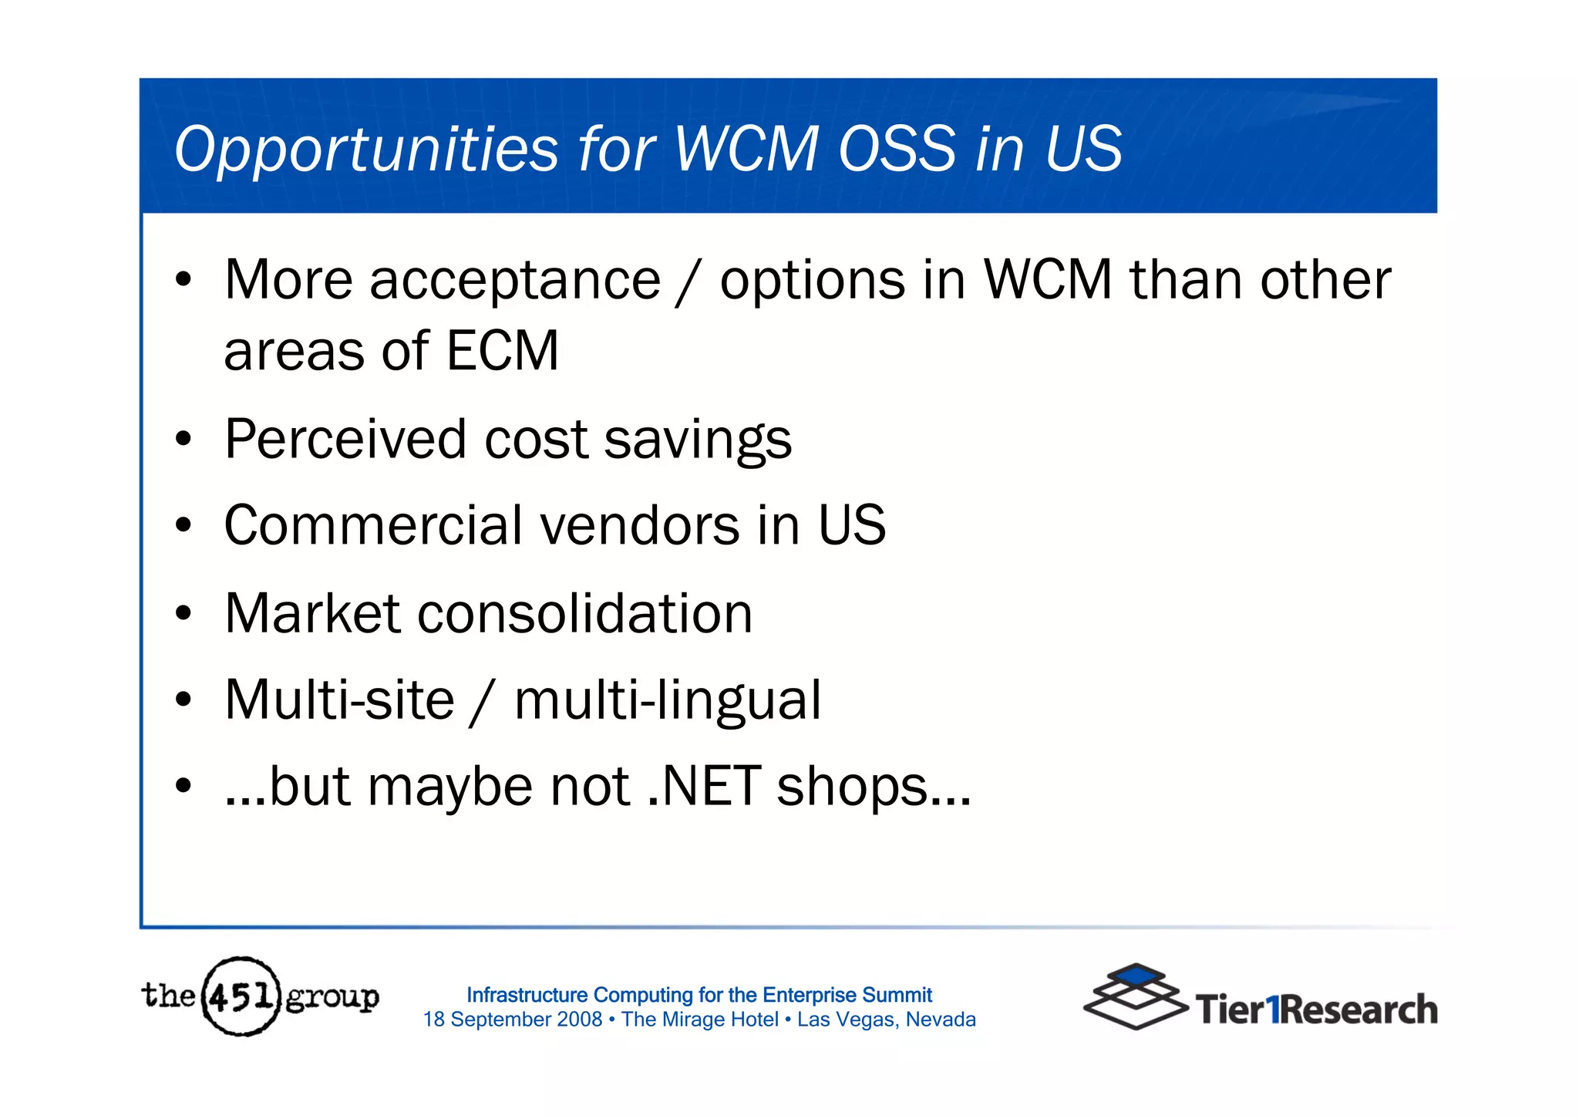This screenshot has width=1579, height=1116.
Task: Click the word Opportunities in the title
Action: [x=366, y=150]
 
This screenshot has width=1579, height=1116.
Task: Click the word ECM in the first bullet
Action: [x=502, y=351]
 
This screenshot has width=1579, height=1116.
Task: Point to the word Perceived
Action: [x=345, y=440]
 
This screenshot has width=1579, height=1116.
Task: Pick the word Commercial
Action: [x=373, y=526]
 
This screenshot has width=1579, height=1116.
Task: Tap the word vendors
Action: [x=639, y=526]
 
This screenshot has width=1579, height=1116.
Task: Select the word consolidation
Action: [x=584, y=614]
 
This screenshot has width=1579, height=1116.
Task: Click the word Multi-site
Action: [x=339, y=700]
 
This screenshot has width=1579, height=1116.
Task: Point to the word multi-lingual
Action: [x=667, y=702]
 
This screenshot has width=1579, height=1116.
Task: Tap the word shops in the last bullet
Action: [x=851, y=788]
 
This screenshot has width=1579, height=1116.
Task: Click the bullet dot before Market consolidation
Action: [x=183, y=615]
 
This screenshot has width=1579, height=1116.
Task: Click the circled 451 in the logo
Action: [x=241, y=996]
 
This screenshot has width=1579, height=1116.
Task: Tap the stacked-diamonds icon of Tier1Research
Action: [x=1135, y=996]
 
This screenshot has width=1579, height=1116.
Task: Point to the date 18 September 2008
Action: [x=512, y=1020]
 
